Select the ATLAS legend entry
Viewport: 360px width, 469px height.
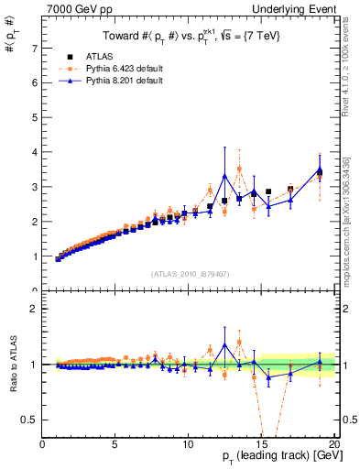(100, 58)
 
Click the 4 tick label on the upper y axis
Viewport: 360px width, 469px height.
(35, 152)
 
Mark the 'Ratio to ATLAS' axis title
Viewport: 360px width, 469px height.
(11, 365)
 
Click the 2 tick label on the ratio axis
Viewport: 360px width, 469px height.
(35, 309)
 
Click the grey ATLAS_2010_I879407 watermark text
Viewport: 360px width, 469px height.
(189, 273)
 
